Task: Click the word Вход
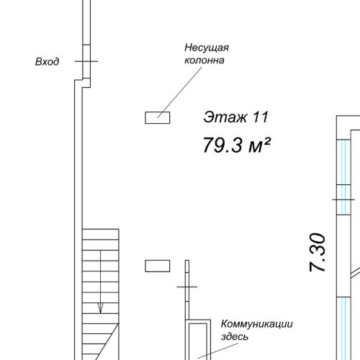coord(47,62)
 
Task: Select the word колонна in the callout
coord(205,60)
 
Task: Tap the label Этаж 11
coord(235,116)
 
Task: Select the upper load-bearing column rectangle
coord(157,117)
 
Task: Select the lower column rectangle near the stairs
coord(157,266)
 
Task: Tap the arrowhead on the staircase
coord(100,308)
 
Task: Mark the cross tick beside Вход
coord(86,62)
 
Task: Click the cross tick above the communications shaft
coord(187,286)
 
